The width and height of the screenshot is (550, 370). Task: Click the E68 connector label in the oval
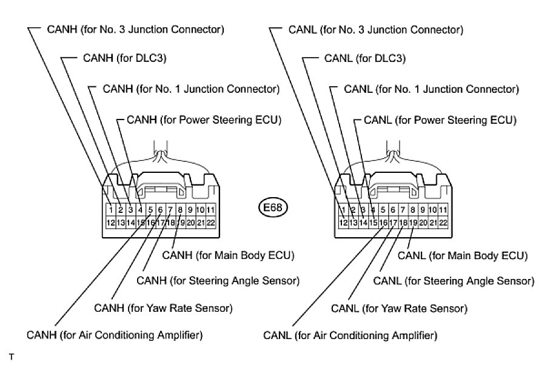272,207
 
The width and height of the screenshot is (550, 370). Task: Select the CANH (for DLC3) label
124,58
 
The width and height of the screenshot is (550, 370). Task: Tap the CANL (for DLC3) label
365,58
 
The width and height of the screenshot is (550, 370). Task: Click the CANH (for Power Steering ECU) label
204,120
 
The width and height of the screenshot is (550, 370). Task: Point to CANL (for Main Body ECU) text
463,256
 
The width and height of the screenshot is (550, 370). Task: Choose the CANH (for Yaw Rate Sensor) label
163,308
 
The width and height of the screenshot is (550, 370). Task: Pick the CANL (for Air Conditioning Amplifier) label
350,335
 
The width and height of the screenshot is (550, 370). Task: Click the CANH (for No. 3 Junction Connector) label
135,30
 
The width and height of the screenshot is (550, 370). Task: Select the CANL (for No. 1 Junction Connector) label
431,89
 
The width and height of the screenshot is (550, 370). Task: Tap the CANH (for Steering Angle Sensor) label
218,281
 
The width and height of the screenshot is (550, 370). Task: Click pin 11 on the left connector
210,210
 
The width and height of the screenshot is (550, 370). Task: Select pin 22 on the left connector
210,223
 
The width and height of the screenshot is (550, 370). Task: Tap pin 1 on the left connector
111,210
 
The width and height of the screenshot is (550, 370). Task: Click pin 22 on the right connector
443,223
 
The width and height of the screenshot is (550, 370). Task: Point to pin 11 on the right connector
443,210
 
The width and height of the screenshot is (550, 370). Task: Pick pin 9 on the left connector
190,210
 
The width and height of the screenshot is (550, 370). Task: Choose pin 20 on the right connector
423,223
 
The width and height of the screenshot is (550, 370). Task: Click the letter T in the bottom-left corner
12,357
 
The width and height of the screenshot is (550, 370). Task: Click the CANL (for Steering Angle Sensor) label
454,281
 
